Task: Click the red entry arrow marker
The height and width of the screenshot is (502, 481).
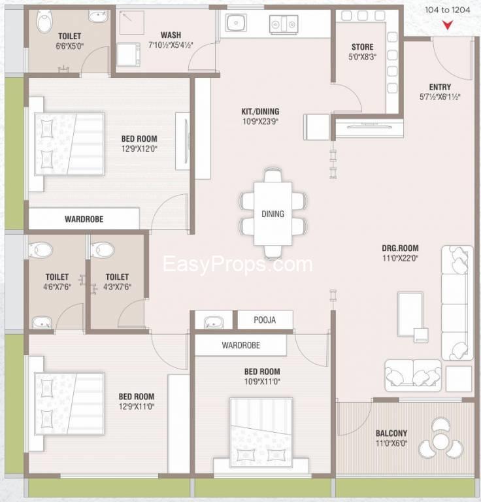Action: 448,25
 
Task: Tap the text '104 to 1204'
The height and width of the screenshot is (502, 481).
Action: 448,10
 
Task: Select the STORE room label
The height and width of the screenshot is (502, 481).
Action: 362,47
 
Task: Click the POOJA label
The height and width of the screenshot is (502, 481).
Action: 265,320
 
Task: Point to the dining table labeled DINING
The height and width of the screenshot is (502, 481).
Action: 273,214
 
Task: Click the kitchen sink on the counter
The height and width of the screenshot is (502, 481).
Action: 236,23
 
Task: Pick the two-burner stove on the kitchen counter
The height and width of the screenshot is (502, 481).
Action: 284,24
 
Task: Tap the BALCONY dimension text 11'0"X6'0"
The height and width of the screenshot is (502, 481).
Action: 391,443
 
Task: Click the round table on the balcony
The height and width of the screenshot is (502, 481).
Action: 440,442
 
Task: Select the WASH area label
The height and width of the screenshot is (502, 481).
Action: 171,35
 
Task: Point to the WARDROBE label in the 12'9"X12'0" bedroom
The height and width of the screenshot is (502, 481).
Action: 84,220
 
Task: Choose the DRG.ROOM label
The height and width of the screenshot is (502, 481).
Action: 400,248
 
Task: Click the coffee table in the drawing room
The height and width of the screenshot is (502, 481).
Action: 410,314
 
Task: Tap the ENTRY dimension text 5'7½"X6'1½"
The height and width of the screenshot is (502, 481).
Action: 440,97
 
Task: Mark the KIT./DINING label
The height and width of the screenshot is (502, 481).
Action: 260,112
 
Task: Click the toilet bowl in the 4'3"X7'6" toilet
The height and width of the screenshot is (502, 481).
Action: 103,249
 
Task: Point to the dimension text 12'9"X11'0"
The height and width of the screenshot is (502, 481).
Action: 137,407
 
